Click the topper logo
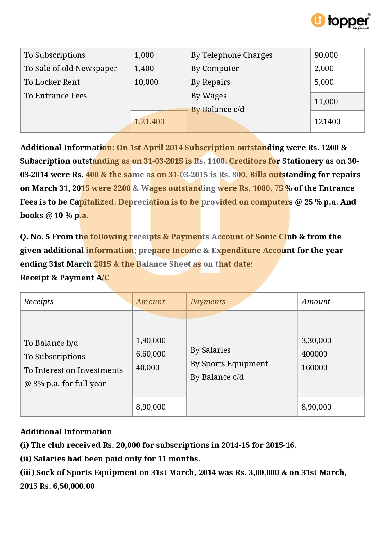tap(340, 21)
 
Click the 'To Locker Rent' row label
tap(52, 82)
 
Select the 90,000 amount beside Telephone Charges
tap(326, 55)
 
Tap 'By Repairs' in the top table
tap(211, 82)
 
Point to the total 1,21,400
tap(149, 122)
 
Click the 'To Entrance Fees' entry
tap(55, 96)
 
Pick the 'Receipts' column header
tap(38, 302)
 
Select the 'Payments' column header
tap(208, 302)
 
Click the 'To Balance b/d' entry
tap(51, 343)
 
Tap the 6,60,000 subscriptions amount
tap(151, 354)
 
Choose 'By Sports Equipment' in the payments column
tap(229, 364)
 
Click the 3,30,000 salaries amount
tap(316, 341)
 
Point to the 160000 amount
tap(314, 368)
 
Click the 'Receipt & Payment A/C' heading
tap(65, 278)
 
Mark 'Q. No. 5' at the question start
tap(35, 237)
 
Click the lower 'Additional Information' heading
tap(66, 432)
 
